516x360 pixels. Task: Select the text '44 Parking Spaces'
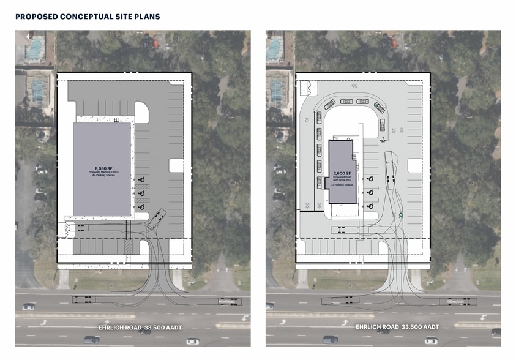(102, 176)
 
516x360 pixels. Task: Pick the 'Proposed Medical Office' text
(102, 172)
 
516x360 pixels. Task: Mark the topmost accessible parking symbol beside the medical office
(141, 179)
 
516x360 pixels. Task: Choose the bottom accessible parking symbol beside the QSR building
(371, 206)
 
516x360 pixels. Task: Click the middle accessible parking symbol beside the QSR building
(371, 192)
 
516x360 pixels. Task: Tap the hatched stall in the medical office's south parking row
(128, 246)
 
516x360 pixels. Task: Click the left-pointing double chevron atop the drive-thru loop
(354, 86)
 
